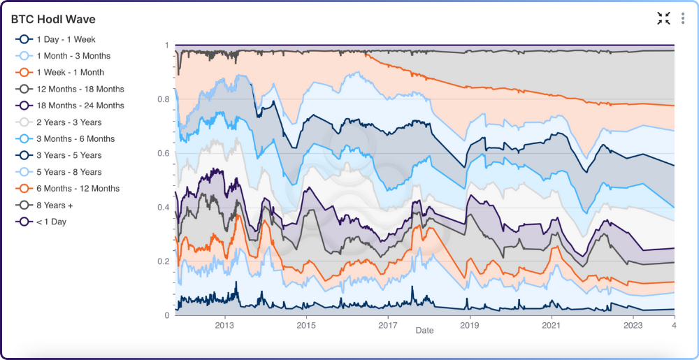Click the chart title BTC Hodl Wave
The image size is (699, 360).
(x=53, y=19)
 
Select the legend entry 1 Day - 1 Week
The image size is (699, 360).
(x=66, y=40)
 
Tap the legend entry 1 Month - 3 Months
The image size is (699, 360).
(x=73, y=56)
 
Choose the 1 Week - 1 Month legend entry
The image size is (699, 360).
(x=70, y=73)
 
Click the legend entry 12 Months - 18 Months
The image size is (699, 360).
(x=80, y=89)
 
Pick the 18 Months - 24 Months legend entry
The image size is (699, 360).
(x=80, y=106)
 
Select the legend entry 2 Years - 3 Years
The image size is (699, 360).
(x=69, y=122)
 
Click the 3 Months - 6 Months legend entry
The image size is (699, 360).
(x=75, y=139)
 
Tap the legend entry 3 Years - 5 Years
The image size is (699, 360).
(x=69, y=155)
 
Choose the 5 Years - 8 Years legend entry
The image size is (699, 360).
(x=69, y=172)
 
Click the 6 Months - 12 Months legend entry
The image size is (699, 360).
(x=78, y=189)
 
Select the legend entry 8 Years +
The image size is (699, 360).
(x=54, y=206)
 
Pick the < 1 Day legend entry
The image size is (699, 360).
(x=51, y=222)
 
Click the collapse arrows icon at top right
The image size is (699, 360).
(x=663, y=19)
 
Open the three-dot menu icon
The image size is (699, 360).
(x=683, y=19)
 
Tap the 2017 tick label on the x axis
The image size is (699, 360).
(x=388, y=326)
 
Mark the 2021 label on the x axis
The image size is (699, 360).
(x=552, y=326)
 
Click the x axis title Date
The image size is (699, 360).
(x=424, y=331)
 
